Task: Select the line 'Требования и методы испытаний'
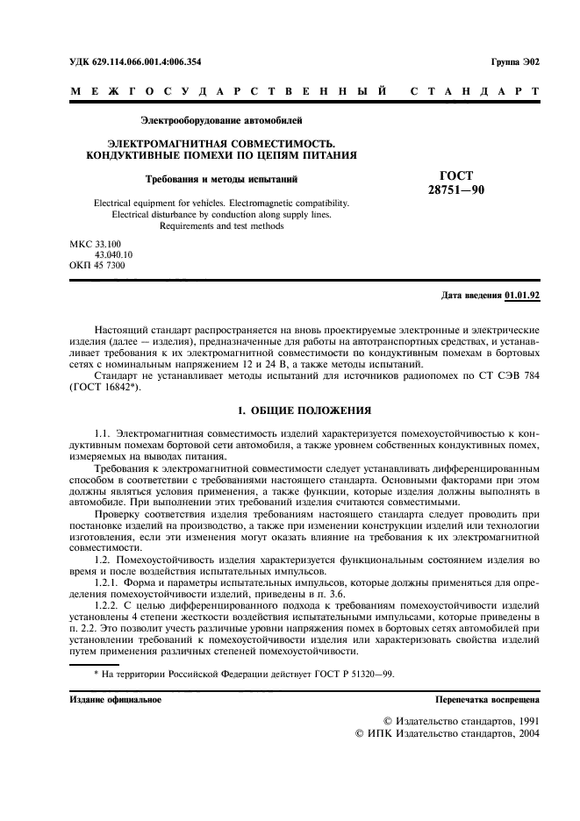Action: point(222,180)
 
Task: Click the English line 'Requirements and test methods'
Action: point(221,225)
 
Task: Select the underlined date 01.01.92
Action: point(522,296)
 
